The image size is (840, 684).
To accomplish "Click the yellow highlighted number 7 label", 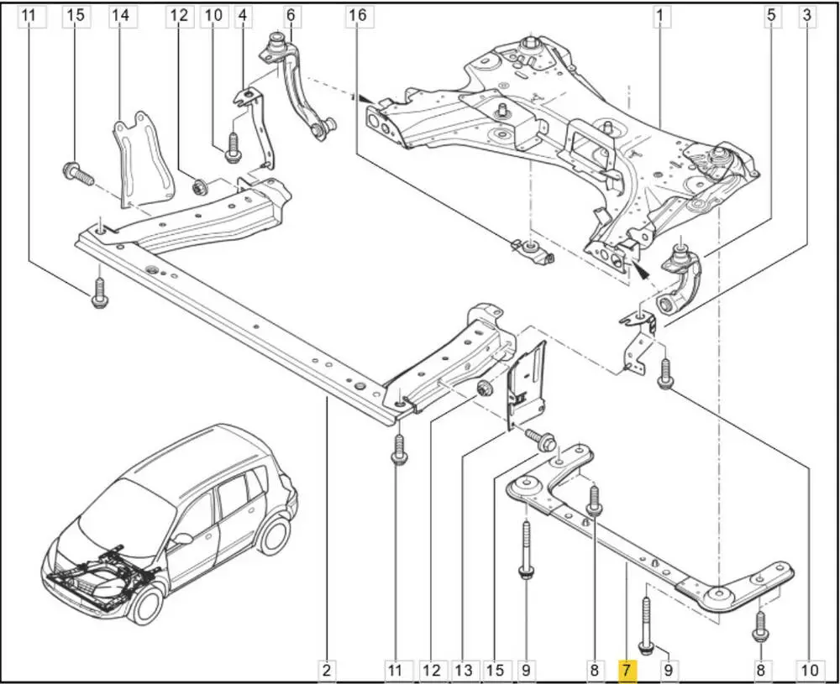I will (627, 670).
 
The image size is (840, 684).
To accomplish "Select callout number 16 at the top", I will (358, 14).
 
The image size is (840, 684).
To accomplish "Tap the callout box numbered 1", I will (661, 14).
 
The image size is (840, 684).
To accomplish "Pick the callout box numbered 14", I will (120, 14).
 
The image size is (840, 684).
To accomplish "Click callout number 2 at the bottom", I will (327, 670).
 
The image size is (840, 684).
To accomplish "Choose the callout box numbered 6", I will (291, 14).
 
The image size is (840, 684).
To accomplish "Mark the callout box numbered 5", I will (769, 14).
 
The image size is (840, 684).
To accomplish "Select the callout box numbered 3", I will (806, 14).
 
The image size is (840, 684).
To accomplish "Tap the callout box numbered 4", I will (243, 14).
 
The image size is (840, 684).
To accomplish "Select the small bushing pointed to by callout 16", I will (534, 251).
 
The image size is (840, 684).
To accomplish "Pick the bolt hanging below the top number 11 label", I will (99, 292).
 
